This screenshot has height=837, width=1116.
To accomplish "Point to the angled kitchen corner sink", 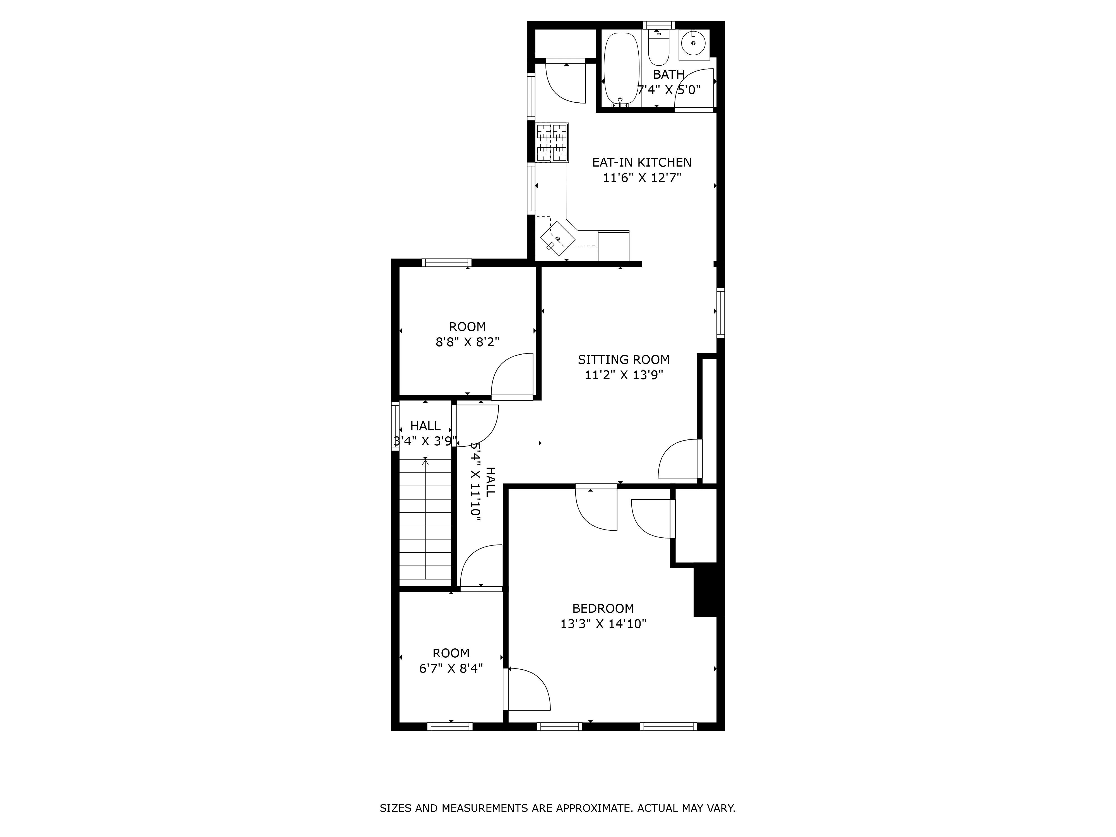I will (x=557, y=238).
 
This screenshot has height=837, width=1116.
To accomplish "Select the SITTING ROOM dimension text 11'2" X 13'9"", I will (x=624, y=375).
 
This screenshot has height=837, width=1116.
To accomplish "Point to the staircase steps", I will (x=425, y=520).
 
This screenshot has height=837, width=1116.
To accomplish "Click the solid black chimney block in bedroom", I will (x=708, y=590).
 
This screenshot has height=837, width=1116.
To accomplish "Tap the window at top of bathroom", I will (x=658, y=25).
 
